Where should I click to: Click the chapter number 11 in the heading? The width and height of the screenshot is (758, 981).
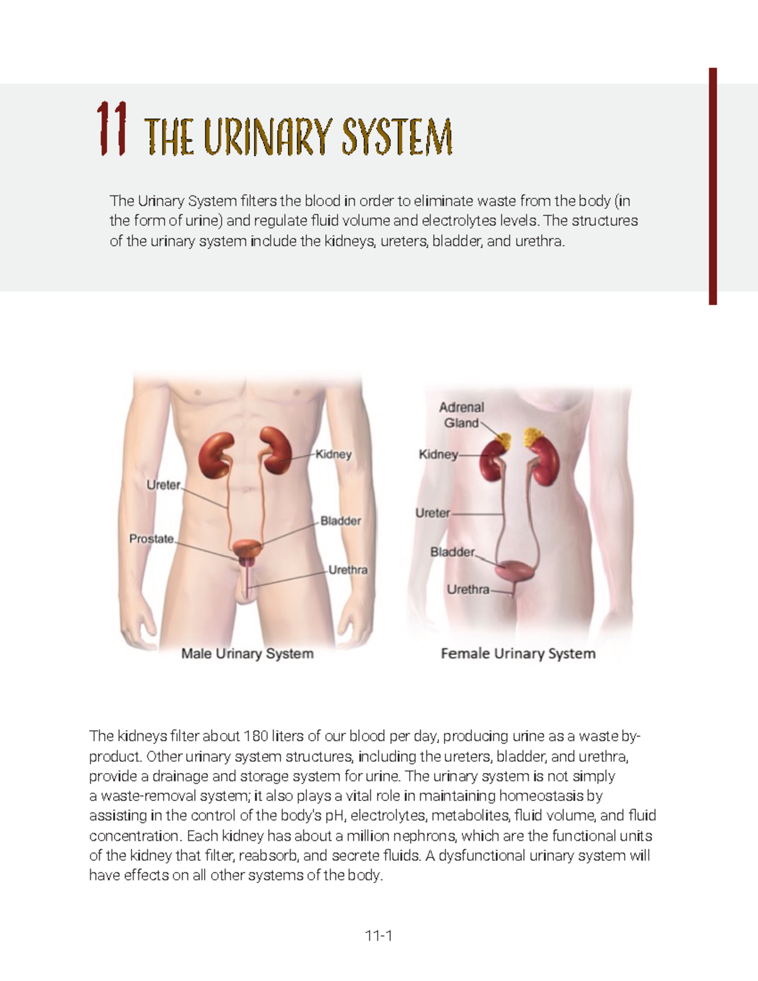[x=112, y=130]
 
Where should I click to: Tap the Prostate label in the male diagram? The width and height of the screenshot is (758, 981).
[x=151, y=539]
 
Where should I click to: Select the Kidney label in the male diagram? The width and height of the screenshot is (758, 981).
[x=334, y=454]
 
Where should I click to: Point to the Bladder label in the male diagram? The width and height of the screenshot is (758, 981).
[x=340, y=521]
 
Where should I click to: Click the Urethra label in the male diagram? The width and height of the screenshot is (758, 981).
[x=347, y=570]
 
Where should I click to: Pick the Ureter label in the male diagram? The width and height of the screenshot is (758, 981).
[x=164, y=485]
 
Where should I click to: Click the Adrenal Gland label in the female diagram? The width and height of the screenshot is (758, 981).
[x=462, y=415]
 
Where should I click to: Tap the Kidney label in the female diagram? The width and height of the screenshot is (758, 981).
[x=438, y=454]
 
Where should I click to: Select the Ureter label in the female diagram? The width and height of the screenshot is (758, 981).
[x=433, y=513]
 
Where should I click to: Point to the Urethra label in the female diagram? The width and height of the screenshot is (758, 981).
[x=468, y=589]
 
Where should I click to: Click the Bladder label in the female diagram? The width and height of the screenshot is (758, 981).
[x=452, y=552]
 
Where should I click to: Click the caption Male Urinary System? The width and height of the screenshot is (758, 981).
[x=248, y=654]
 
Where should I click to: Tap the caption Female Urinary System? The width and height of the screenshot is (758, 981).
[x=518, y=654]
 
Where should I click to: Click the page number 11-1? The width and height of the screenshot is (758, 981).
[x=379, y=936]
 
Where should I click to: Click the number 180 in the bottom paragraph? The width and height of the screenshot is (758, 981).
[x=256, y=736]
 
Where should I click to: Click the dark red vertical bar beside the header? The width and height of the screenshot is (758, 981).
[x=713, y=186]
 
